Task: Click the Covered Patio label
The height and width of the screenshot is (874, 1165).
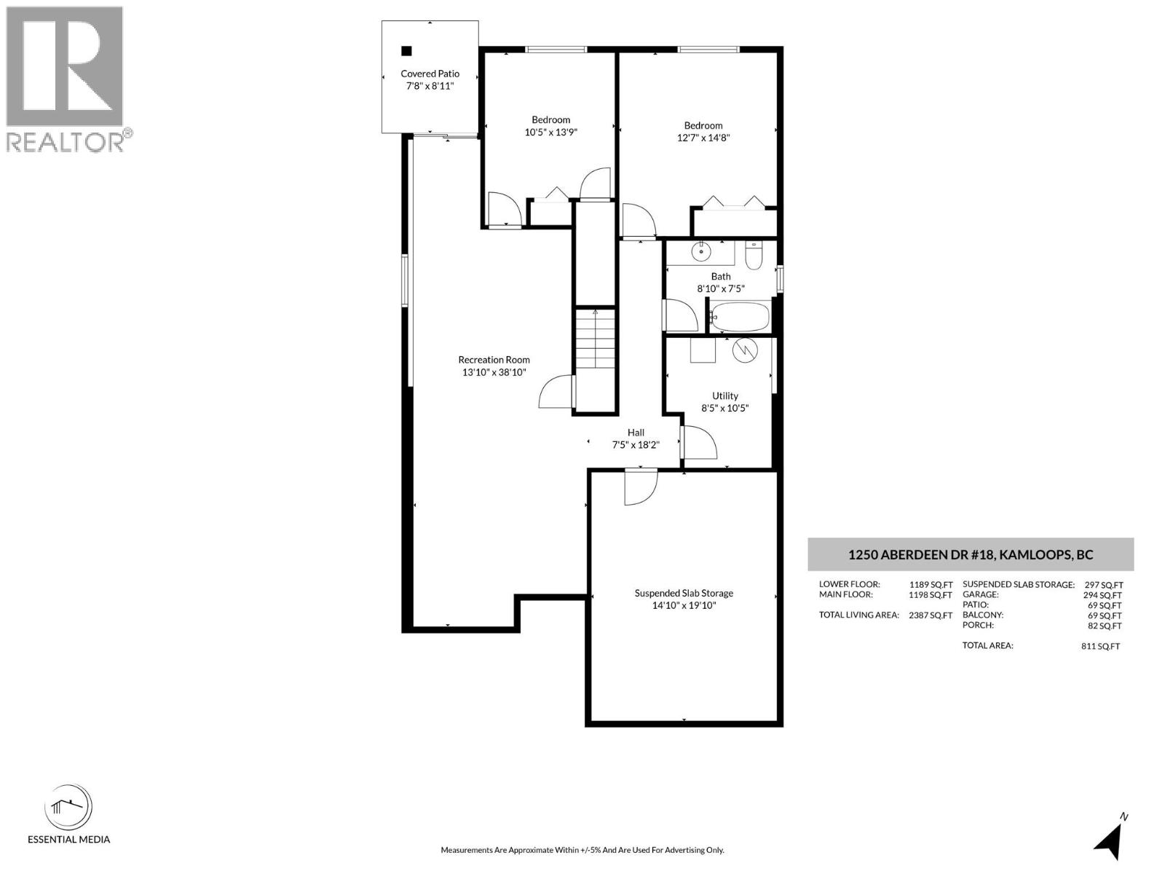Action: point(430,74)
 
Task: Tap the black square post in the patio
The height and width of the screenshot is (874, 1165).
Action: point(407,51)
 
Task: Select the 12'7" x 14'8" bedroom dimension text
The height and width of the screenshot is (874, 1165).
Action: point(703,138)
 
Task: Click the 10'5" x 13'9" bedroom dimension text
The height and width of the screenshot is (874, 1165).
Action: point(550,132)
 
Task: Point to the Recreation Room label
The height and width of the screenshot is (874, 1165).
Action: point(494,360)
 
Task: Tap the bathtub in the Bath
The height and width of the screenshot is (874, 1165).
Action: point(740,318)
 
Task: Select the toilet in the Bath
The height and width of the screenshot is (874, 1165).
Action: point(754,256)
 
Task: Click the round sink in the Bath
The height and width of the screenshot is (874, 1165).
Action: point(700,252)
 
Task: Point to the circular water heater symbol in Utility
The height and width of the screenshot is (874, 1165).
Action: point(745,350)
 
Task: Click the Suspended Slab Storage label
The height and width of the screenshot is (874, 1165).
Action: point(684,593)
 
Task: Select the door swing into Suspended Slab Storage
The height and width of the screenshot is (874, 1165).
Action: point(640,487)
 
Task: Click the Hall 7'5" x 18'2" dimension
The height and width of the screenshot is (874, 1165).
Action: point(636,445)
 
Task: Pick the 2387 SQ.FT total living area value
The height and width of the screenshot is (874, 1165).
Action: point(930,615)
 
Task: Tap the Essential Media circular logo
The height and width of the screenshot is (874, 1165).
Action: point(68,808)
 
